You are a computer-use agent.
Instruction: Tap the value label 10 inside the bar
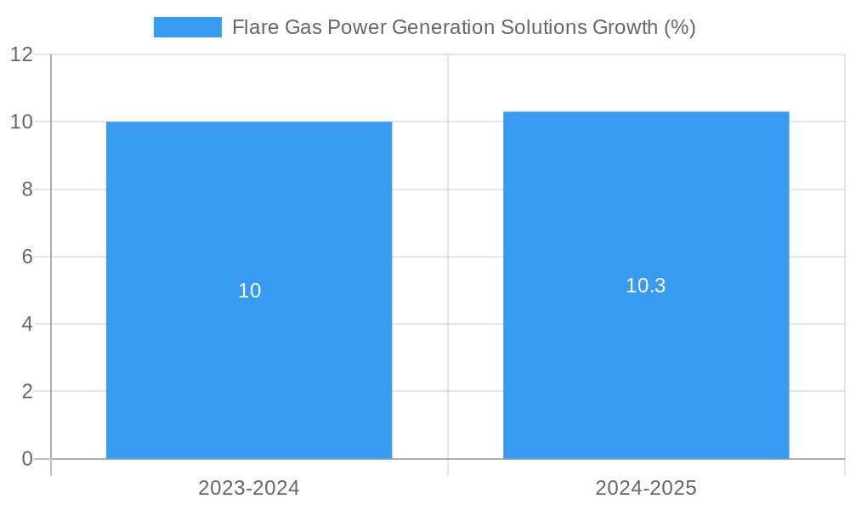click(x=249, y=291)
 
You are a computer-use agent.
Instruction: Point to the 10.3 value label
click(x=646, y=286)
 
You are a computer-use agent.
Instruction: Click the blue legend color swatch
click(x=188, y=27)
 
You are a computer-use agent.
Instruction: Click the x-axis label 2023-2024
click(x=249, y=488)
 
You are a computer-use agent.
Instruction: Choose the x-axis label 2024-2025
click(x=646, y=488)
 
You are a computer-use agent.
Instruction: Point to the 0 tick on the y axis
click(x=27, y=459)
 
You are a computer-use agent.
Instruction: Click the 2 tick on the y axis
click(x=27, y=392)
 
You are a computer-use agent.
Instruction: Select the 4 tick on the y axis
click(x=27, y=324)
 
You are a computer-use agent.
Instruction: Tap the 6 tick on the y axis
click(x=27, y=257)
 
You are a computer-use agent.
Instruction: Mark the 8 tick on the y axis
click(x=27, y=190)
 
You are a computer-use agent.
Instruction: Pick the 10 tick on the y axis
click(x=22, y=122)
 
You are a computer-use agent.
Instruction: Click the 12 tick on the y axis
click(x=22, y=54)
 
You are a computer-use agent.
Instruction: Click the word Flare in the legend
click(x=252, y=27)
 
